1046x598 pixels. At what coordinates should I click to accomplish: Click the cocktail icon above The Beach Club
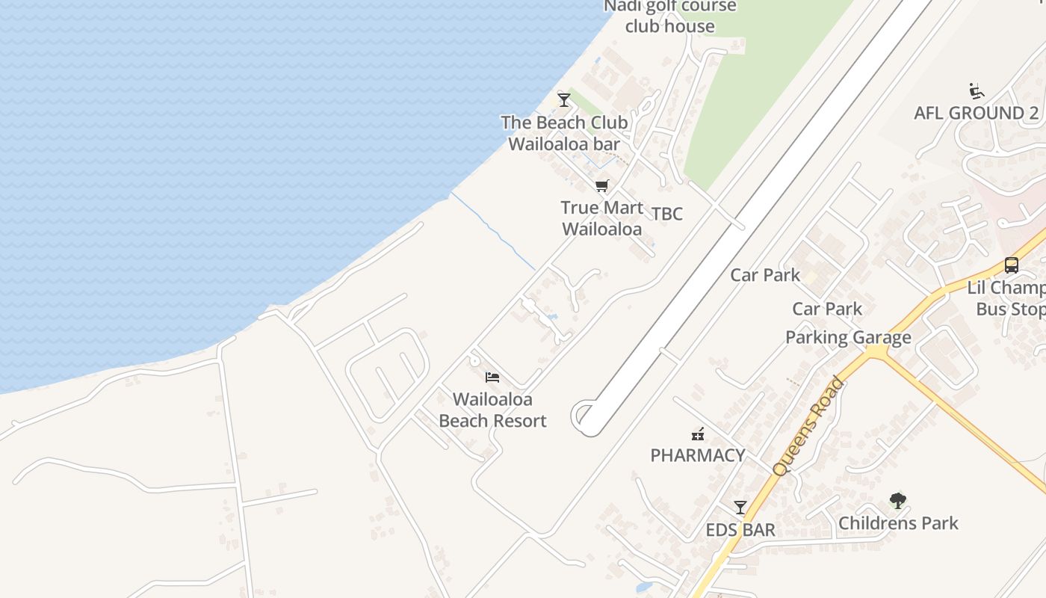pos(564,99)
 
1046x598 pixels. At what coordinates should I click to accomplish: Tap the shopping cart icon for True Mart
pos(602,185)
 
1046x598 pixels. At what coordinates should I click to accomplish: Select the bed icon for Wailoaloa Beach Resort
pos(492,377)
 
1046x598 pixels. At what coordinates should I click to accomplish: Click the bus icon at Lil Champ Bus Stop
pos(1011,265)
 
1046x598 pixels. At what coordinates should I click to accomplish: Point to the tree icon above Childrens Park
pos(898,500)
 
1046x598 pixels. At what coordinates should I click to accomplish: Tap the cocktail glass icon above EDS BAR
pos(740,508)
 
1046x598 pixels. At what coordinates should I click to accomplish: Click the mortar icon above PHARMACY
pos(698,433)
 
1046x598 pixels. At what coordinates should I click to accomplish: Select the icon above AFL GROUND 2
pos(976,91)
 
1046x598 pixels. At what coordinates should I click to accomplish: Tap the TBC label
pos(666,214)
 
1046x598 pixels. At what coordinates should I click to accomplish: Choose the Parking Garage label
pos(848,338)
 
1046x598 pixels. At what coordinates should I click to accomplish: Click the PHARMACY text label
pos(698,455)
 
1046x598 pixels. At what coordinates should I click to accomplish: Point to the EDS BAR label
pos(740,530)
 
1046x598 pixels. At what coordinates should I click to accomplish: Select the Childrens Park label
pos(898,523)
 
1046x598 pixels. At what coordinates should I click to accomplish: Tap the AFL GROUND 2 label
pos(976,114)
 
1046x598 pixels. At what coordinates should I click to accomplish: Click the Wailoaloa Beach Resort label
pos(492,410)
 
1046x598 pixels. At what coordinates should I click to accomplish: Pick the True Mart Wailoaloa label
pos(601,218)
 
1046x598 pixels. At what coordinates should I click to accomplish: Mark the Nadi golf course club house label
pos(670,16)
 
